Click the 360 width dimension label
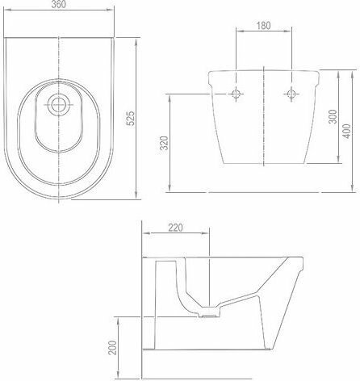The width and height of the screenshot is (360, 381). point(58,4)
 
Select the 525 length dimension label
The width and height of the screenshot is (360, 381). point(131,118)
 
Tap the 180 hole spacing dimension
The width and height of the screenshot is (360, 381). point(263,26)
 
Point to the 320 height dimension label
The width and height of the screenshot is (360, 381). point(164,143)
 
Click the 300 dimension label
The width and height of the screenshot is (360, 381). point(333,116)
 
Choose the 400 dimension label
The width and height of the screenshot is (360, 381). point(347,131)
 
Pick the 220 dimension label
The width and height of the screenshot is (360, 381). point(175,228)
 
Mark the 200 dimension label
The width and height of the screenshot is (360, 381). point(112,348)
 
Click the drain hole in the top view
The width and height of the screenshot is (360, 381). point(59,105)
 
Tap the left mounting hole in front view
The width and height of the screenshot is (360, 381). point(236,94)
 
